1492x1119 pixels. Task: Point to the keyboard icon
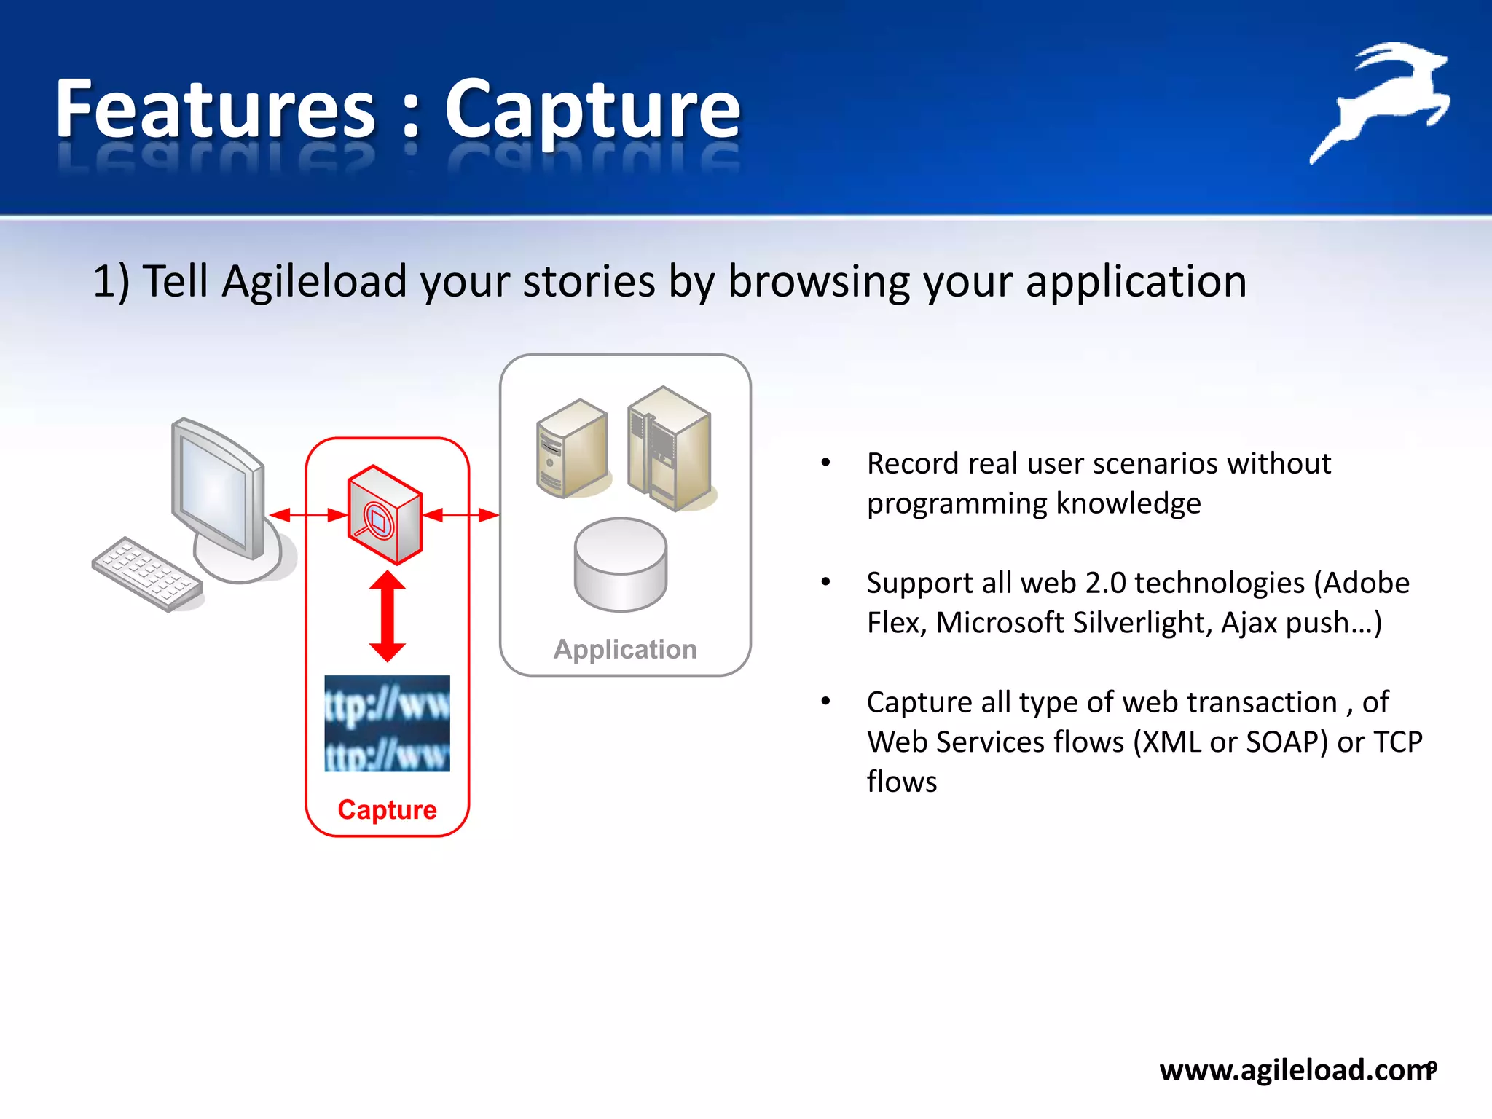coord(148,574)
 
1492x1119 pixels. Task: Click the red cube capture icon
coord(385,514)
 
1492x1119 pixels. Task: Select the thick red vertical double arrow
coord(387,616)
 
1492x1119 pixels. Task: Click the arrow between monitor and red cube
coord(308,516)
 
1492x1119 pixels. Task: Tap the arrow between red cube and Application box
coord(460,516)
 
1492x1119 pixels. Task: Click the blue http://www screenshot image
coord(387,723)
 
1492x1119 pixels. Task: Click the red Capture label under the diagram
coord(387,809)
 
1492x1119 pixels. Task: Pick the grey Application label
coord(625,649)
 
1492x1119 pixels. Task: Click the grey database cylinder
coord(620,564)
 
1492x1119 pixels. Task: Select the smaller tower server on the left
coord(572,448)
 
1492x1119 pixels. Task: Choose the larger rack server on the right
coord(669,448)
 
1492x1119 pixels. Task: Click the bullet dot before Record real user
coord(825,463)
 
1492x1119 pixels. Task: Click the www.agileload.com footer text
coord(1295,1069)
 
